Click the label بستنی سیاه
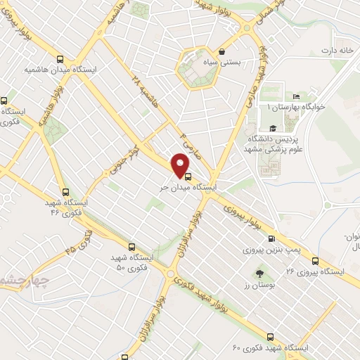pyautogui.click(x=240, y=62)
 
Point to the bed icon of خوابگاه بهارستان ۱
pyautogui.click(x=296, y=96)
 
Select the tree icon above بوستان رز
pyautogui.click(x=261, y=272)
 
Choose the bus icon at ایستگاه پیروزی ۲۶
pyautogui.click(x=314, y=260)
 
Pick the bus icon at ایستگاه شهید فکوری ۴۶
pyautogui.click(x=65, y=191)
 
